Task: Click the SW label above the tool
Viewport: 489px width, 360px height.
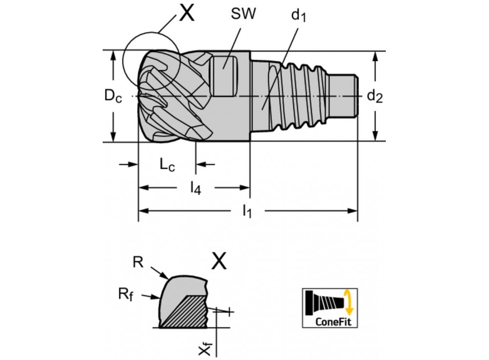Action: click(x=243, y=14)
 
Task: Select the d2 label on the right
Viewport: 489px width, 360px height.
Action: click(x=375, y=96)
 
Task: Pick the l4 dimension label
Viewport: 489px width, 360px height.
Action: click(x=195, y=188)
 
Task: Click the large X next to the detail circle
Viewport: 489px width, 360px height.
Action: click(x=186, y=14)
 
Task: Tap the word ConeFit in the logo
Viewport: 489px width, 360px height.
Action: click(x=332, y=321)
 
